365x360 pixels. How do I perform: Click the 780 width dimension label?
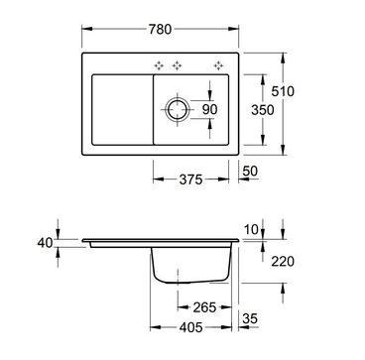[x=160, y=30]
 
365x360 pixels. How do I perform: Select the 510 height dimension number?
[x=283, y=91]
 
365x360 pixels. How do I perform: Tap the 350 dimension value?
[x=263, y=110]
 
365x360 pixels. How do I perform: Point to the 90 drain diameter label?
[x=209, y=109]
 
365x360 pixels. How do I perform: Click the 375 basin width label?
[x=190, y=180]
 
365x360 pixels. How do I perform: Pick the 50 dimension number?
[x=250, y=172]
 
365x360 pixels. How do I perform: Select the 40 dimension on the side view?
[x=45, y=243]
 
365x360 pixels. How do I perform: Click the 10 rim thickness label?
[x=250, y=230]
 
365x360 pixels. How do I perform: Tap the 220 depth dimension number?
[x=283, y=262]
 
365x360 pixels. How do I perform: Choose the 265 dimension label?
[x=204, y=307]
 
